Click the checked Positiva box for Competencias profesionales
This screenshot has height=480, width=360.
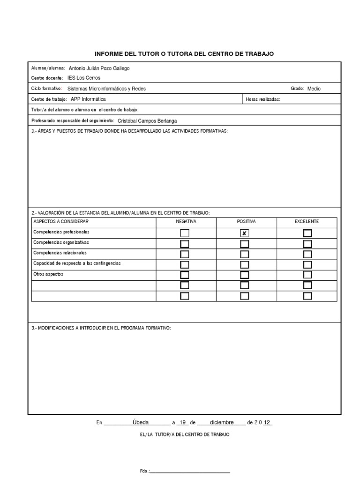pyautogui.click(x=244, y=233)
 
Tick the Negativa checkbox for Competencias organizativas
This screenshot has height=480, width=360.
pyautogui.click(x=185, y=243)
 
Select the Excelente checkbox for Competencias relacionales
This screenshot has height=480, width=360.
pyautogui.click(x=307, y=254)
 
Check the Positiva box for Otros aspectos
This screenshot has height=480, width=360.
pyautogui.click(x=244, y=275)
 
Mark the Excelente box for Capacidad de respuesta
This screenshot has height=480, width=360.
pyautogui.click(x=307, y=264)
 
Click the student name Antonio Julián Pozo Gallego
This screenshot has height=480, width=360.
pyautogui.click(x=99, y=68)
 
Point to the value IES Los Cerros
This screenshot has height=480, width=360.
pyautogui.click(x=84, y=78)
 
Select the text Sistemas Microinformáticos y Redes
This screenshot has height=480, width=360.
pyautogui.click(x=106, y=89)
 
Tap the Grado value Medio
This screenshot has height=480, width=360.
pyautogui.click(x=314, y=89)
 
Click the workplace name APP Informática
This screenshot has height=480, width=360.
pyautogui.click(x=88, y=99)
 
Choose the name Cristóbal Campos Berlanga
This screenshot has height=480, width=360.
pyautogui.click(x=148, y=120)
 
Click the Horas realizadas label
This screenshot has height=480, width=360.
pyautogui.click(x=263, y=99)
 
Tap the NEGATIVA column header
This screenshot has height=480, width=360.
pyautogui.click(x=186, y=221)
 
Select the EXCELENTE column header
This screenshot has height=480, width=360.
pyautogui.click(x=307, y=221)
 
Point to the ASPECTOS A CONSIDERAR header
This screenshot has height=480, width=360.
pyautogui.click(x=60, y=221)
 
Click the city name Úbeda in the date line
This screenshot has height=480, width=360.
pyautogui.click(x=141, y=422)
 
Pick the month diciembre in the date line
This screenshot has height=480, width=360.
pyautogui.click(x=222, y=422)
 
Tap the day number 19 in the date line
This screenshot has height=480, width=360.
pyautogui.click(x=183, y=422)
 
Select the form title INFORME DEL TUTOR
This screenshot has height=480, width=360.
pyautogui.click(x=184, y=54)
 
